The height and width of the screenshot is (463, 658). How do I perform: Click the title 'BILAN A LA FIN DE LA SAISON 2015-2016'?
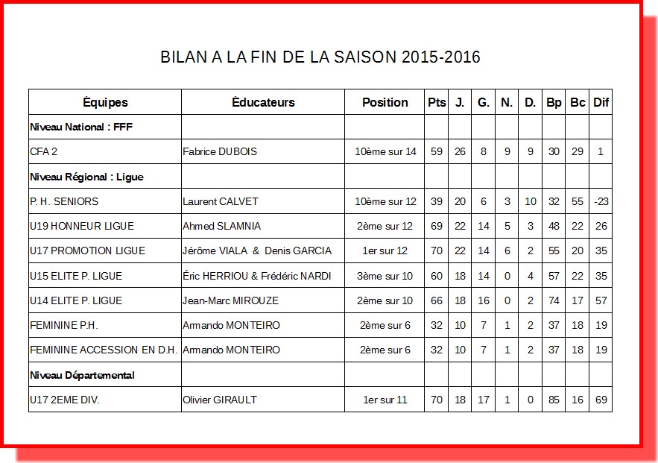[320, 57]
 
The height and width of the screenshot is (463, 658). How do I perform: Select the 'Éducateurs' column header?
[263, 102]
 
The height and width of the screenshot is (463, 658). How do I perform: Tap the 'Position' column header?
[385, 102]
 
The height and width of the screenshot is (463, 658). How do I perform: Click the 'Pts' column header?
[437, 102]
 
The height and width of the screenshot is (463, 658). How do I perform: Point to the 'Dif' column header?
[601, 102]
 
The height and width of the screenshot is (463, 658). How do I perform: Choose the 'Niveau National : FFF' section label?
[81, 127]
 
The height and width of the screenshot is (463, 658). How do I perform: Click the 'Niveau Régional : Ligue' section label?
[86, 177]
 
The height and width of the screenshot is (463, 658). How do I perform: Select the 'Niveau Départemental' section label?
[82, 375]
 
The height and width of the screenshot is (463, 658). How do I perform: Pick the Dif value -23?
[601, 201]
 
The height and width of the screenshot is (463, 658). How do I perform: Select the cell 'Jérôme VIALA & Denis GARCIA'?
[257, 251]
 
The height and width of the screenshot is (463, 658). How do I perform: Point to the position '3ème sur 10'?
[385, 276]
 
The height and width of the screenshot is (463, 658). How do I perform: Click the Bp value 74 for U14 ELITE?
[554, 300]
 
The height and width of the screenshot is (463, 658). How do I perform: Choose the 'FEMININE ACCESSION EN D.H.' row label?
[103, 350]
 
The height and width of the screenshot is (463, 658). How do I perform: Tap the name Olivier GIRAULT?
[220, 400]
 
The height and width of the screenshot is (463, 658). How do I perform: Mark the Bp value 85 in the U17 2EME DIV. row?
[554, 400]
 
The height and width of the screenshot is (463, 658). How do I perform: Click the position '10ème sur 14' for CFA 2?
[385, 151]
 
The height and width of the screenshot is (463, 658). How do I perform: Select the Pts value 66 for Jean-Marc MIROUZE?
[437, 300]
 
